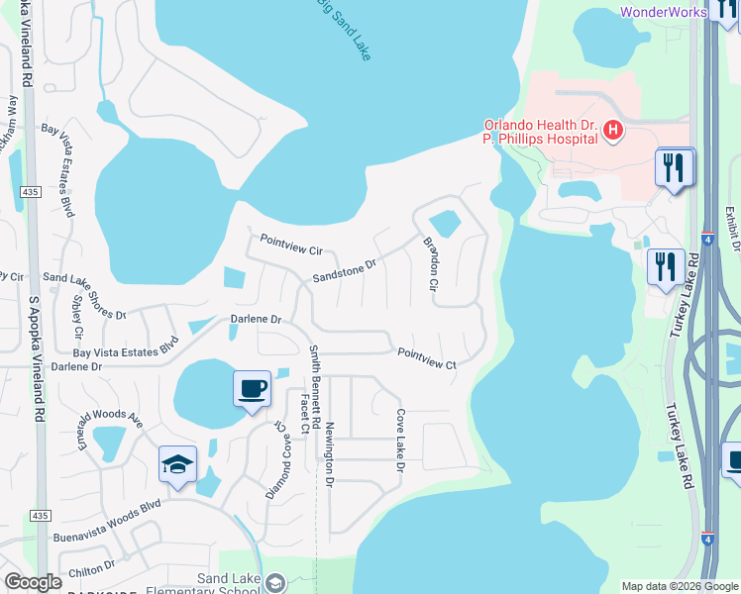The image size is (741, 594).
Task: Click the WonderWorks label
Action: tap(663, 12)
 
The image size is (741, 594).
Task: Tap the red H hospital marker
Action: tap(613, 130)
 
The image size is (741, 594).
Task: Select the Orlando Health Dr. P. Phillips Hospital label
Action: tap(541, 132)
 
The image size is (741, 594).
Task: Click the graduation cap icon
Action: tap(177, 464)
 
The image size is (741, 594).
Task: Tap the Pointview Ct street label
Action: tap(426, 358)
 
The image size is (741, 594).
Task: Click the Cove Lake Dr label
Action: tap(400, 440)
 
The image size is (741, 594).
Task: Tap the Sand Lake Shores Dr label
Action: tap(84, 297)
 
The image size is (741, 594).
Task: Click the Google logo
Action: tap(34, 581)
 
